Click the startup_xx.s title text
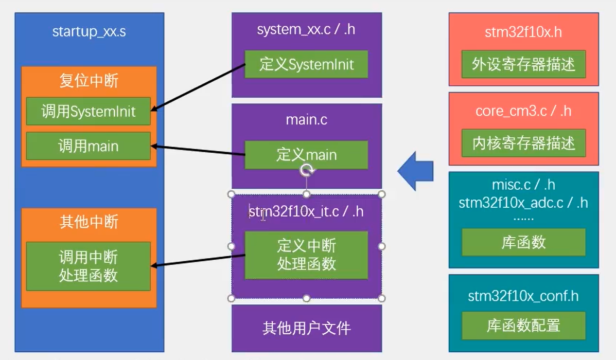tap(89, 32)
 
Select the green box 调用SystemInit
tap(88, 111)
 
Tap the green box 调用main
tap(88, 146)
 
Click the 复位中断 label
tap(89, 81)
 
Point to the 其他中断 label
tap(89, 222)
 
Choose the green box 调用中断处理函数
tap(88, 266)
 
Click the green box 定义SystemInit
tap(306, 64)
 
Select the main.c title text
tap(307, 120)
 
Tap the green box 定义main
tap(306, 155)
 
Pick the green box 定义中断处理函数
tap(306, 255)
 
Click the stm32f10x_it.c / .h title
tap(306, 211)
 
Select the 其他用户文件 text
tap(307, 328)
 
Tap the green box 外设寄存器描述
tap(523, 64)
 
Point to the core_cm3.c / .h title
tap(523, 112)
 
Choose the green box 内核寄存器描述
tap(523, 143)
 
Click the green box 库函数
tap(523, 242)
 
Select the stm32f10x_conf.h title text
tap(523, 296)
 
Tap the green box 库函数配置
tap(523, 326)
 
